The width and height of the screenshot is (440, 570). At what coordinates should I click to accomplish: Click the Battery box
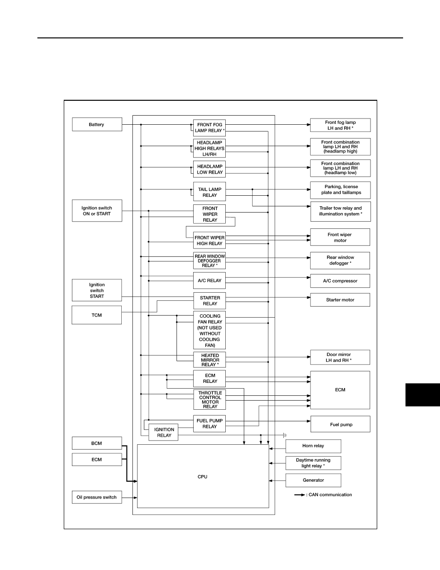(97, 124)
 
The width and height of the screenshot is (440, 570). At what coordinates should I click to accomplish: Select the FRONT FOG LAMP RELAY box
(209, 128)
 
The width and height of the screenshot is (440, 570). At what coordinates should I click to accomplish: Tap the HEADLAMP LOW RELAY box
(209, 169)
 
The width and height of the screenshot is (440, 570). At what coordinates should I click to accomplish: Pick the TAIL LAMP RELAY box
(209, 192)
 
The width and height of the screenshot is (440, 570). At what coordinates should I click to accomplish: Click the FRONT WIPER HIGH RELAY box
(209, 240)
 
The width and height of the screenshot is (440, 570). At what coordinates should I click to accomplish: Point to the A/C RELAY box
(209, 281)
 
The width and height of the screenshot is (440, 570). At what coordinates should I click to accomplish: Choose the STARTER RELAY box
(209, 301)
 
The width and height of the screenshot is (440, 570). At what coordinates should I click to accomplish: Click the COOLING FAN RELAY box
(209, 330)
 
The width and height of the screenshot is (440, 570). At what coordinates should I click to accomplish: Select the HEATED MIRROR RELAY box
(209, 360)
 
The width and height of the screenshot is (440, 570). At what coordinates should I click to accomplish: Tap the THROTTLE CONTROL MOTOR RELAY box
(209, 400)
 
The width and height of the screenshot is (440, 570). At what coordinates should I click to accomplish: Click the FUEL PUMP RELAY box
(209, 424)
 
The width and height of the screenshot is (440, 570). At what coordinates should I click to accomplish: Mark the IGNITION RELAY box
(164, 432)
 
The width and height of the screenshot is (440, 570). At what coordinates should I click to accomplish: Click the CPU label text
(203, 476)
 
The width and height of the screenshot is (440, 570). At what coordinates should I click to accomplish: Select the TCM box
(96, 315)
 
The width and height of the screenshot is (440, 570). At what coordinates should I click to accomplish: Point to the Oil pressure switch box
(96, 497)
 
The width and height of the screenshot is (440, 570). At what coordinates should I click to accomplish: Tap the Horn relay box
(313, 446)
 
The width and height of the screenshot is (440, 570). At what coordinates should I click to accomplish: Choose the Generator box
(313, 480)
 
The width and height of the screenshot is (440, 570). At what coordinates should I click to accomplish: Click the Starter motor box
(340, 300)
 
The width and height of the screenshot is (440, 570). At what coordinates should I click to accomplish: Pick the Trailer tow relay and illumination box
(340, 211)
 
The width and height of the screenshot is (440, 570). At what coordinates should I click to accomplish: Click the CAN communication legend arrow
(300, 495)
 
